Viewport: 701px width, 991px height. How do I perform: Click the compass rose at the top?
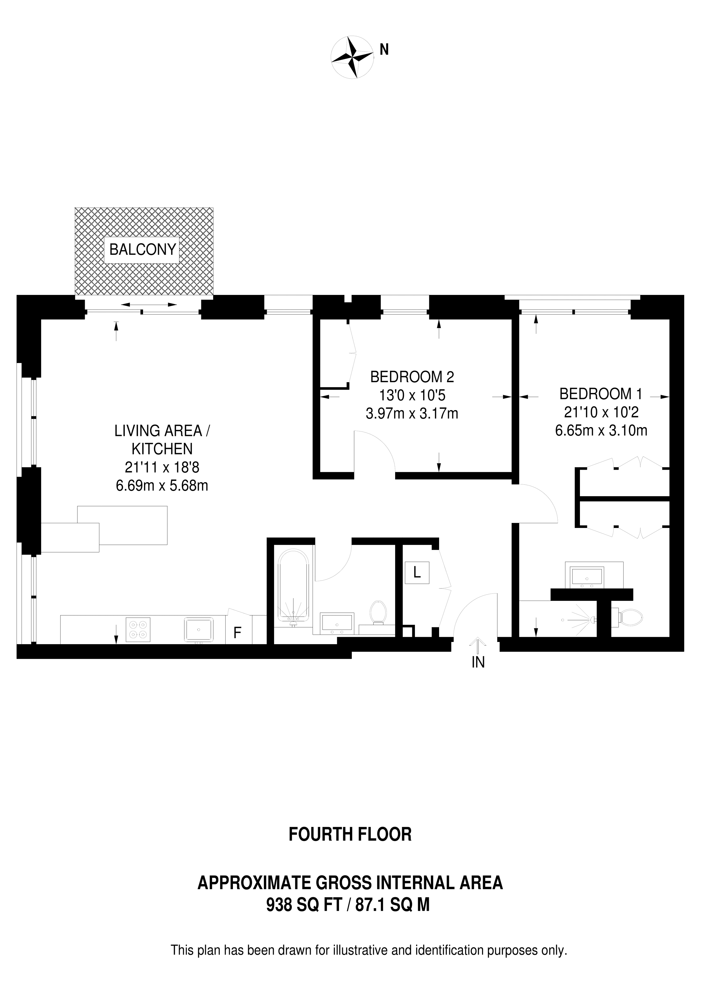(x=352, y=57)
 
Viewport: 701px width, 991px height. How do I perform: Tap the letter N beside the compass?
(x=384, y=50)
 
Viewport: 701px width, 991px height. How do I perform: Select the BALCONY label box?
(x=142, y=249)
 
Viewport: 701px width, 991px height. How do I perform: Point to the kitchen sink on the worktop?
(x=199, y=630)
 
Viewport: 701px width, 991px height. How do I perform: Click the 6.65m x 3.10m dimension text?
(x=601, y=430)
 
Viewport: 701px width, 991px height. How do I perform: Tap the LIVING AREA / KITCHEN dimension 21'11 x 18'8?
(x=162, y=467)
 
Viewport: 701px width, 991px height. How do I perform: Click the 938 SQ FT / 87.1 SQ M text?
(x=348, y=904)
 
